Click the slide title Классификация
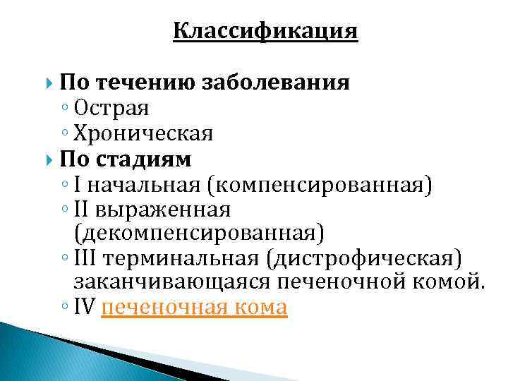pyautogui.click(x=265, y=32)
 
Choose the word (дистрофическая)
pyautogui.click(x=364, y=258)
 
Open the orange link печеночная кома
pyautogui.click(x=194, y=308)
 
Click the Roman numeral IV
pyautogui.click(x=84, y=308)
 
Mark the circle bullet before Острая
pyautogui.click(x=64, y=109)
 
